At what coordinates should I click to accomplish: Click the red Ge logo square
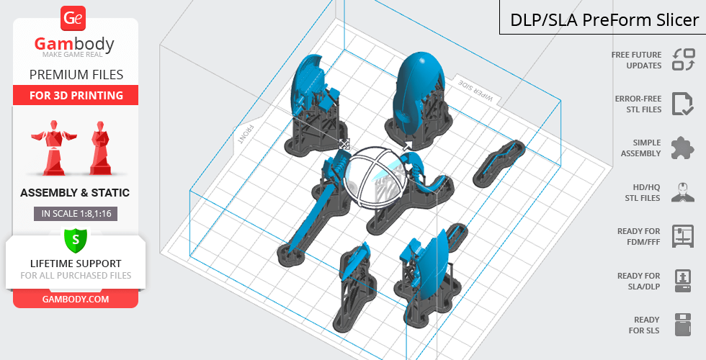(x=73, y=18)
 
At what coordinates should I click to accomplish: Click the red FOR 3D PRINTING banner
(x=76, y=95)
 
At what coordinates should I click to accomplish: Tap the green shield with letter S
(x=75, y=240)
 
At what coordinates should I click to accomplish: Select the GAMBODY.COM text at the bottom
(x=76, y=300)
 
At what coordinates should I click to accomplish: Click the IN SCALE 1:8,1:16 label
(x=76, y=214)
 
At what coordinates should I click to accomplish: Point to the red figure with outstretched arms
(x=54, y=147)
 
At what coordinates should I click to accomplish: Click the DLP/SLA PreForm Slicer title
(x=604, y=20)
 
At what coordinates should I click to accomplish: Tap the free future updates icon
(x=684, y=60)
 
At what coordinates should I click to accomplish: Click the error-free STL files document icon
(x=683, y=104)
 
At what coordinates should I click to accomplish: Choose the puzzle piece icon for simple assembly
(x=683, y=148)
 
